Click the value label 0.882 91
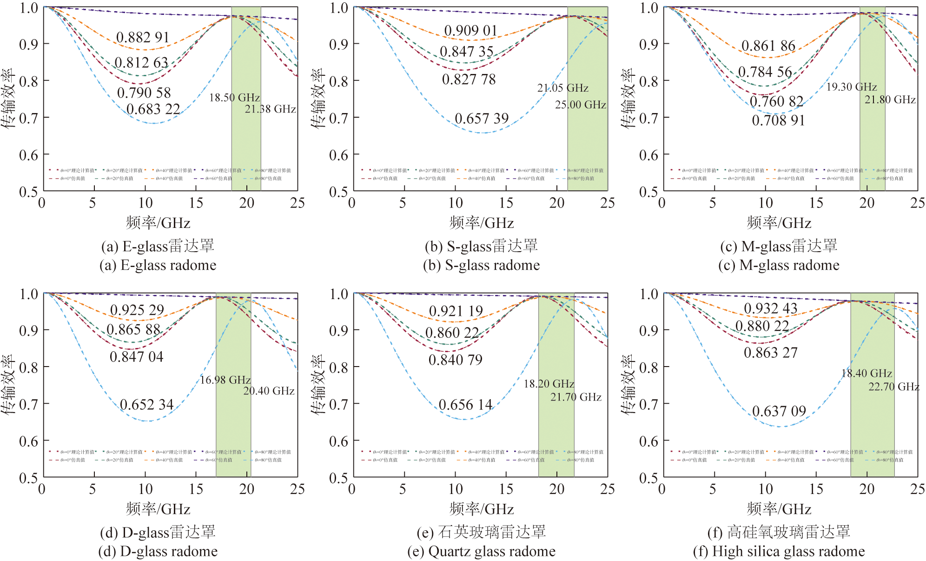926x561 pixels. (143, 37)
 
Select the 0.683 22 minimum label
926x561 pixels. (153, 109)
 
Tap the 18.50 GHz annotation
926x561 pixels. (234, 98)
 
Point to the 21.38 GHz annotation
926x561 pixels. (271, 109)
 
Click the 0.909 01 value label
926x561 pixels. (470, 31)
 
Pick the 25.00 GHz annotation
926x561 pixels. (580, 105)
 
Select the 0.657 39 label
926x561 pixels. (482, 119)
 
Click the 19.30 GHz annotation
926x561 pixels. (851, 87)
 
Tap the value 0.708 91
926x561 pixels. (778, 120)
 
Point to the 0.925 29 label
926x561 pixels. (137, 310)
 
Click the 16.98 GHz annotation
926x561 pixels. (225, 380)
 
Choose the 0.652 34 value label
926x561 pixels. (147, 405)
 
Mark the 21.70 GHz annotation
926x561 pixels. (576, 397)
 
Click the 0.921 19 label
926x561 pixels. (456, 311)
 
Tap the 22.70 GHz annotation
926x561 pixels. (894, 387)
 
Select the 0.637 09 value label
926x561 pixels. (779, 411)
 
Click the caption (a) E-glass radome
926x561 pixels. (158, 265)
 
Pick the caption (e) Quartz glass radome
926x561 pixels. (482, 551)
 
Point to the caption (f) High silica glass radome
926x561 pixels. (779, 551)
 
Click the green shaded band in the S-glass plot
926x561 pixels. (588, 140)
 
